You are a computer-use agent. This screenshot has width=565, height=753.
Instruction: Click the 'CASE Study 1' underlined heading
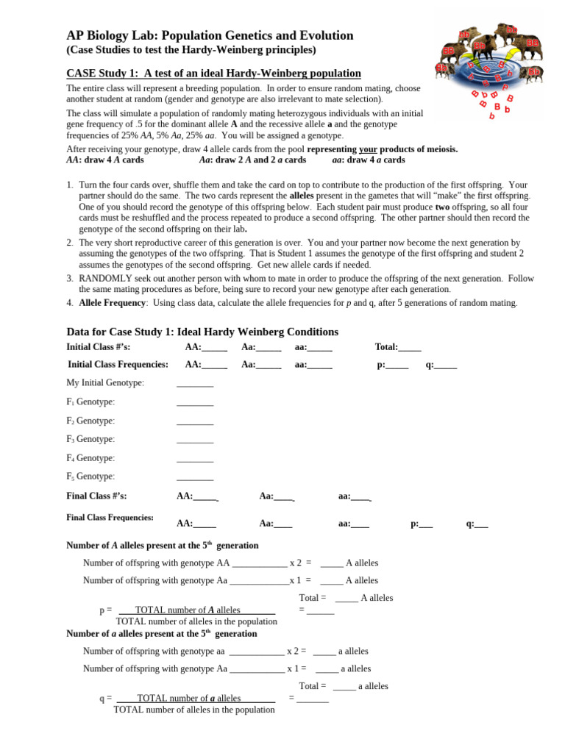click(x=213, y=73)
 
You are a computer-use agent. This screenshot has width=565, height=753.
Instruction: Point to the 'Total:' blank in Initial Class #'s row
click(x=410, y=348)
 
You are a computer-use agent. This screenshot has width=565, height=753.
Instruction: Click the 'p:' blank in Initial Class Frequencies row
click(x=397, y=365)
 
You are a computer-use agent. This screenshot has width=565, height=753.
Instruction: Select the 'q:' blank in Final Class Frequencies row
click(x=482, y=524)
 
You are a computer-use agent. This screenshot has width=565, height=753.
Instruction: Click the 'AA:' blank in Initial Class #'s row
click(x=214, y=348)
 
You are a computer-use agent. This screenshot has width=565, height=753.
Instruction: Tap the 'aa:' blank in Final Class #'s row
click(x=360, y=497)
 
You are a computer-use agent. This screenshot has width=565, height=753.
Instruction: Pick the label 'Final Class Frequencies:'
click(x=110, y=518)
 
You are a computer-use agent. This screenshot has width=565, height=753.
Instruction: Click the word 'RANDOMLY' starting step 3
click(x=105, y=279)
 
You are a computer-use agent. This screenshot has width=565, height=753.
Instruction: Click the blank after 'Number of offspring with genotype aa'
click(x=257, y=652)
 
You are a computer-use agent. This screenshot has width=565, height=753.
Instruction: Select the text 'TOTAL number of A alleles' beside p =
click(x=188, y=610)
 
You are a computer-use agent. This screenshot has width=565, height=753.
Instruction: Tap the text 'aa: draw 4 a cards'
click(x=369, y=160)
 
